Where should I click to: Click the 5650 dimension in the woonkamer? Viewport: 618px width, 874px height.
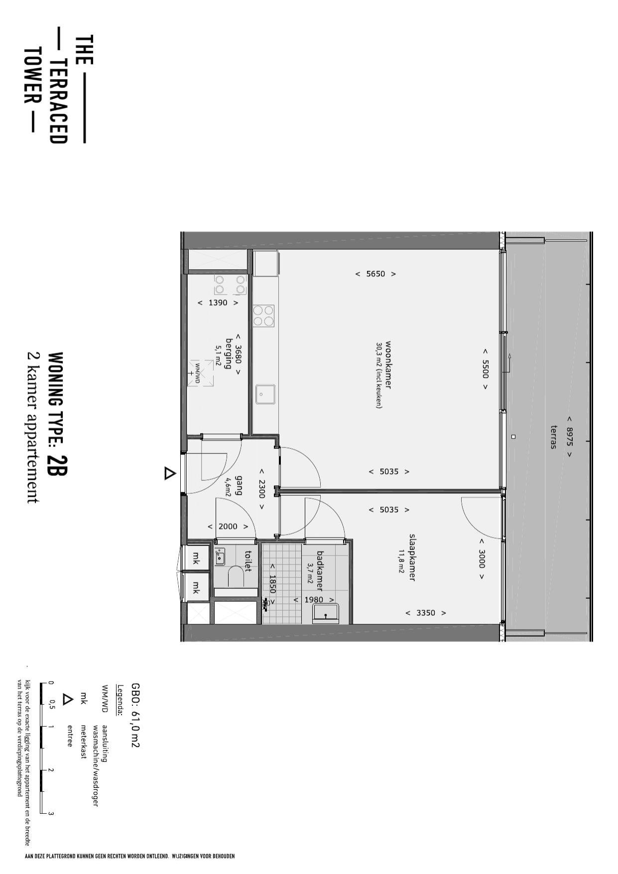tap(375, 274)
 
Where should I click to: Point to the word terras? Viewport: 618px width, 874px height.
tap(553, 437)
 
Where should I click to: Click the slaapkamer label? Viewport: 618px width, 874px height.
tap(412, 557)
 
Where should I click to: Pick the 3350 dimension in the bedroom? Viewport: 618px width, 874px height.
tap(425, 613)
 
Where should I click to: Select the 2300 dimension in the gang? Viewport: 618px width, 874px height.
tap(261, 489)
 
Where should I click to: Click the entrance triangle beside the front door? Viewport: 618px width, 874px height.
tap(170, 473)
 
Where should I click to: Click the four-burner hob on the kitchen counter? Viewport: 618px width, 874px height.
tap(263, 316)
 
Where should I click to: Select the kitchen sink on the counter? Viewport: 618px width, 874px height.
tap(265, 394)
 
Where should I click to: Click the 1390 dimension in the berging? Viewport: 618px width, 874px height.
tap(218, 303)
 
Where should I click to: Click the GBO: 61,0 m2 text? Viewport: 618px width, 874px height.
tap(135, 715)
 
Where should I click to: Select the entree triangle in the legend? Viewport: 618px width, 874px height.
tap(67, 699)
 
